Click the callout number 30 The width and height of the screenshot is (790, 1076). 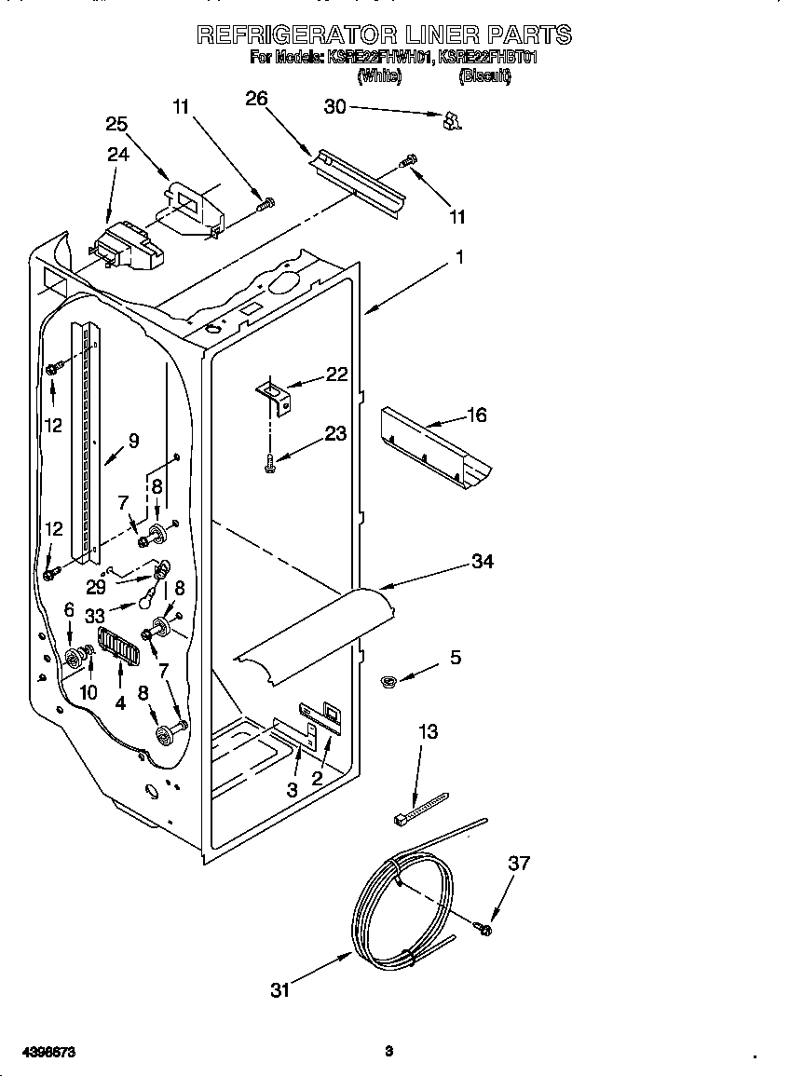click(x=334, y=107)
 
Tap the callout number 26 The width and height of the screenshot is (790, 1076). click(x=256, y=99)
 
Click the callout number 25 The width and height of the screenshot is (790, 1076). click(x=116, y=124)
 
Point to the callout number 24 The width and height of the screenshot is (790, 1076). click(x=117, y=155)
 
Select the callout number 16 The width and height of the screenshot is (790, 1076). click(x=476, y=415)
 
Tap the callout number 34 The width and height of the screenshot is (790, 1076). click(x=482, y=561)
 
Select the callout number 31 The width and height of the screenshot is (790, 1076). click(x=280, y=990)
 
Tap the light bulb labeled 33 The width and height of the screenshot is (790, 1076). click(x=147, y=599)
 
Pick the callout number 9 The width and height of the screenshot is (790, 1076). click(x=133, y=442)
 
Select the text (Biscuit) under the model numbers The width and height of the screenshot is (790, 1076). click(x=484, y=77)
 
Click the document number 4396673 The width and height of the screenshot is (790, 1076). click(x=39, y=1052)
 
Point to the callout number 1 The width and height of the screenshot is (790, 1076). click(x=458, y=257)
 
